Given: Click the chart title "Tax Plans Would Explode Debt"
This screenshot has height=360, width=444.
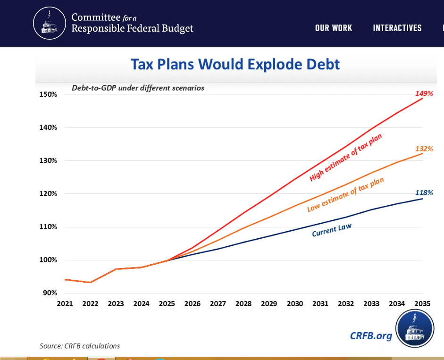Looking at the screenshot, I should (235, 64).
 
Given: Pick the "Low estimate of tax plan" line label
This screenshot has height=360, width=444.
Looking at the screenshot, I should (345, 195).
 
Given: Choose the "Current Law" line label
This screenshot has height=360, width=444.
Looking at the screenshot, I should (332, 230).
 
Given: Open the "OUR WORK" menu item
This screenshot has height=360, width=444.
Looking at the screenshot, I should (334, 28).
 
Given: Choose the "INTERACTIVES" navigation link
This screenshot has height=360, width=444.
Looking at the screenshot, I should (397, 28).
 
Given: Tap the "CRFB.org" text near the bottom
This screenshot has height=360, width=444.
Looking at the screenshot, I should (371, 335).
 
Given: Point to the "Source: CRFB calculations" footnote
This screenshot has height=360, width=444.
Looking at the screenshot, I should (80, 346).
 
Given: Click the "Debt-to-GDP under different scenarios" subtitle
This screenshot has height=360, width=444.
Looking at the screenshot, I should (138, 88).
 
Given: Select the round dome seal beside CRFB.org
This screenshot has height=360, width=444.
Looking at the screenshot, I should (414, 329).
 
